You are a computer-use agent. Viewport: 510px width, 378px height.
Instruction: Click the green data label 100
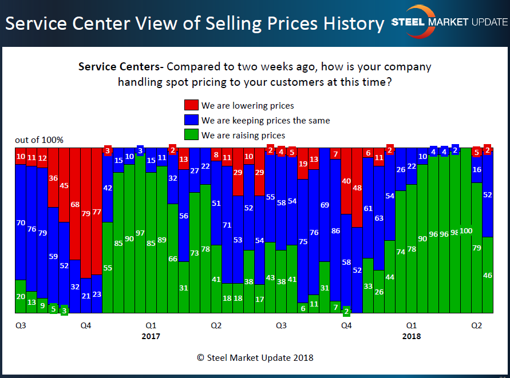click(466, 230)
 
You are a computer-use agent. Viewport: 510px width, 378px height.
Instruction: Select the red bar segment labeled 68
click(75, 204)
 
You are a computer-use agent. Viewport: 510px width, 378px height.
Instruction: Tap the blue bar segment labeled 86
click(335, 231)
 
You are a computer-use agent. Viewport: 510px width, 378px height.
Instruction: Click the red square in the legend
click(191, 105)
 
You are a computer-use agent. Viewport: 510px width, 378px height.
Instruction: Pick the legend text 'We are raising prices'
click(243, 135)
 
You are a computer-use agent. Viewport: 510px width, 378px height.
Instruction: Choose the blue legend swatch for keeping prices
click(191, 120)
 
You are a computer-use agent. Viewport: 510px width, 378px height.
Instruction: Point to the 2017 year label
click(151, 336)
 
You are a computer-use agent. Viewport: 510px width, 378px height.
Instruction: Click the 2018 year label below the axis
click(411, 336)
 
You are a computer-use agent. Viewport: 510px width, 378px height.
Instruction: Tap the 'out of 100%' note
click(39, 140)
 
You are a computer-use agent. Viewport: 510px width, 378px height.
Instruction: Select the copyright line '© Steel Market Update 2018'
click(255, 358)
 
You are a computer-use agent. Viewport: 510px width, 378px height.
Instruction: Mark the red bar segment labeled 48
click(357, 188)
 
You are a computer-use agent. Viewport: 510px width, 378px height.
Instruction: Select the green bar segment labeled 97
click(140, 234)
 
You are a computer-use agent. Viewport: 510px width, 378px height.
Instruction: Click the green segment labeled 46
click(488, 274)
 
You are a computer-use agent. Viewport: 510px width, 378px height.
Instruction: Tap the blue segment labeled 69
click(325, 205)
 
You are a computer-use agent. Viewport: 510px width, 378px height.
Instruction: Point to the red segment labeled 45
click(64, 185)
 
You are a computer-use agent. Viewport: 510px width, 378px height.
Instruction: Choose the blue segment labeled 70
click(21, 222)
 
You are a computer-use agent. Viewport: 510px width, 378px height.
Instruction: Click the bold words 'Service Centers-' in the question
click(121, 67)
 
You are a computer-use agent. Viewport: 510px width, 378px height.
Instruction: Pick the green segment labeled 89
click(162, 240)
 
